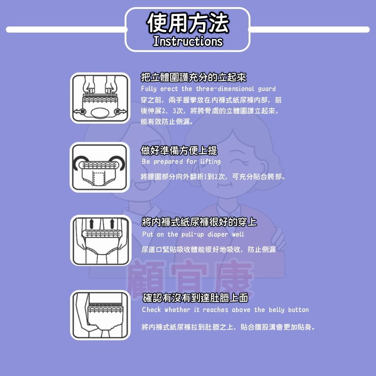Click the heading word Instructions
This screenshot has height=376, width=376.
click(188, 41)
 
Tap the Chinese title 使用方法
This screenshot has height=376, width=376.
click(188, 23)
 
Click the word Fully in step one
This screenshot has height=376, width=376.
click(149, 89)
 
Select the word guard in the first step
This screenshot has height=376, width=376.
click(266, 89)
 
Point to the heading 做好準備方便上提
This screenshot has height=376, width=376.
click(179, 150)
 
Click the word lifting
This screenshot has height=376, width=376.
click(211, 162)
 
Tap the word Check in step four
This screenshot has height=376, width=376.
click(151, 310)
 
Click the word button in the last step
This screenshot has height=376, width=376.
click(298, 310)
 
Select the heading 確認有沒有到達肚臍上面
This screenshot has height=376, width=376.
click(195, 298)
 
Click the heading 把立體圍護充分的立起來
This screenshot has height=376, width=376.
click(194, 77)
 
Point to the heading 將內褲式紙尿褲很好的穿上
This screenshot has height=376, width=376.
click(199, 222)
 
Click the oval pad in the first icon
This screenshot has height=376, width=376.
click(100, 113)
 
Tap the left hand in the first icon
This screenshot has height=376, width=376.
click(89, 85)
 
